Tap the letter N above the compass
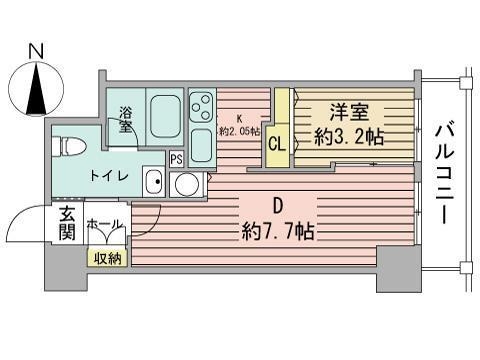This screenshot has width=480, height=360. [x=36, y=50]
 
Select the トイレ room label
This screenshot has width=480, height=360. [x=109, y=176]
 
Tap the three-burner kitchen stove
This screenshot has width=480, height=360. [x=201, y=106]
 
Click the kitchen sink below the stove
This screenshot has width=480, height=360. [x=201, y=147]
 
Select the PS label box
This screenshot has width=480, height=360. [x=176, y=158]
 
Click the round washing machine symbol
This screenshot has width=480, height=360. [x=186, y=184]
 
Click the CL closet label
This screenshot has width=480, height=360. [x=277, y=141]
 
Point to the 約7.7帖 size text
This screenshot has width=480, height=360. [x=278, y=232]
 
